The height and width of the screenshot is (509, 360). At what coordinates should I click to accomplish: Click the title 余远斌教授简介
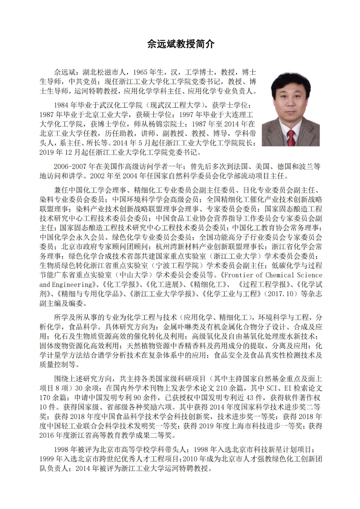(181, 44)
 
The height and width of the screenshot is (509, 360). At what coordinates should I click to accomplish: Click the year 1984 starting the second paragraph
(61, 105)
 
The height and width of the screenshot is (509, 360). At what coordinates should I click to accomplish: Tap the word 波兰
(305, 166)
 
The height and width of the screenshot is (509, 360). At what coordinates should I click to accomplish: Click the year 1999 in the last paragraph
(47, 459)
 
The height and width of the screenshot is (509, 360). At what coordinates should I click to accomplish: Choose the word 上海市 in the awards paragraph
(243, 426)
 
